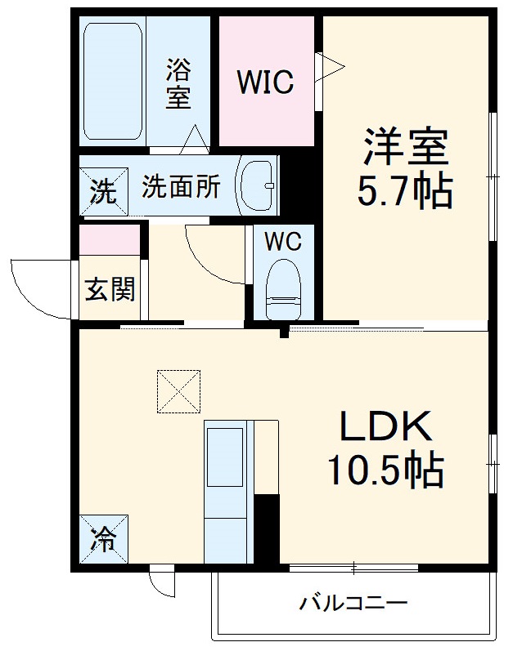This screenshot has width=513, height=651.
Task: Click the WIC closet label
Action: pyautogui.click(x=265, y=82)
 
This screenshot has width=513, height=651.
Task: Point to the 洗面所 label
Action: pyautogui.click(x=181, y=187)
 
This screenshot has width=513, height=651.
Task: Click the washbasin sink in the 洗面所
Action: pyautogui.click(x=258, y=185)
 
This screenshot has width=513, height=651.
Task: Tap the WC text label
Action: pyautogui.click(x=283, y=242)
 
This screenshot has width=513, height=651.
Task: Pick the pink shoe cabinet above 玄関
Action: pyautogui.click(x=110, y=239)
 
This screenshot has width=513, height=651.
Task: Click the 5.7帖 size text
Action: pyautogui.click(x=404, y=193)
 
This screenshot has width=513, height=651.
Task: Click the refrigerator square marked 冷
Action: pyautogui.click(x=104, y=539)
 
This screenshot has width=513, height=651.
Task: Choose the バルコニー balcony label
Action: pyautogui.click(x=353, y=605)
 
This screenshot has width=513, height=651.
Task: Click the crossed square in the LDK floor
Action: pyautogui.click(x=178, y=392)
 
